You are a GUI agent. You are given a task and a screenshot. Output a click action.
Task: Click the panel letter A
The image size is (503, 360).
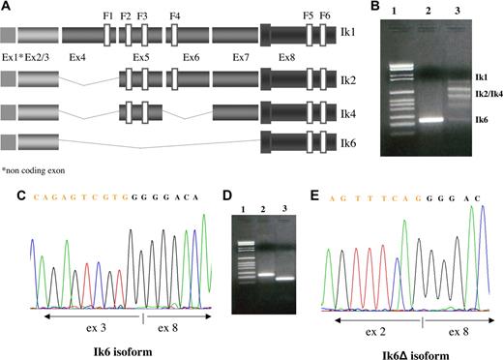8,6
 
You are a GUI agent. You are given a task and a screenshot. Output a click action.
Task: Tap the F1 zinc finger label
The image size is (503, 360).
107,16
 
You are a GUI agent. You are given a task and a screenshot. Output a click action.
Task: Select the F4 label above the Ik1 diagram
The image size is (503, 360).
174,16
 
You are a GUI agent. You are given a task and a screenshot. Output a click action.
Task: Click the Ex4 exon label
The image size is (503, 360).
76,58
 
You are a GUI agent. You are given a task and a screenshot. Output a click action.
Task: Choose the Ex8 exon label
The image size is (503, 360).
287,58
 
